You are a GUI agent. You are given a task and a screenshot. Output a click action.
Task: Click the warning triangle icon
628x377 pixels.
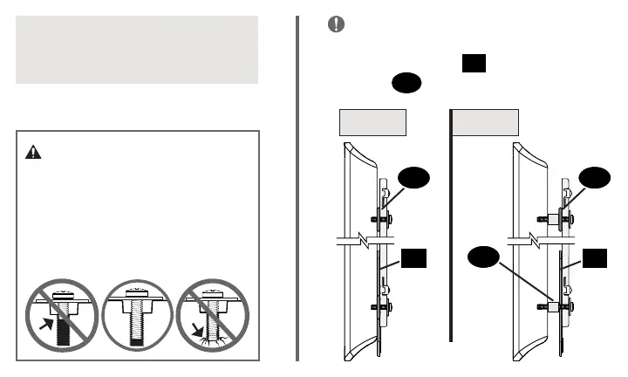click(33, 151)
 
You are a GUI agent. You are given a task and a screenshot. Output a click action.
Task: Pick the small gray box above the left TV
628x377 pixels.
click(372, 121)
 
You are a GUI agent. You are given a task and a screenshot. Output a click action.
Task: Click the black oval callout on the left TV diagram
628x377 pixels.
click(415, 180)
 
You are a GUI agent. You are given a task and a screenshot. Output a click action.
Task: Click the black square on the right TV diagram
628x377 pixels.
click(596, 258)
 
